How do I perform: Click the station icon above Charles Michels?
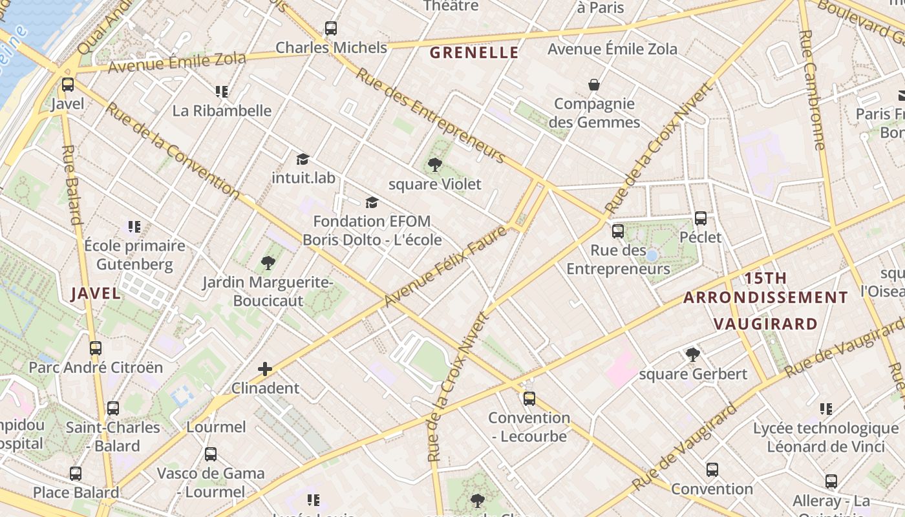click(x=331, y=28)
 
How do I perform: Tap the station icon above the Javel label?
click(x=68, y=85)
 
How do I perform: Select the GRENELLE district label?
click(x=474, y=53)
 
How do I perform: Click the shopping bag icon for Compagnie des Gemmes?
click(x=593, y=85)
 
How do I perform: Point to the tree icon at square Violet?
click(x=435, y=165)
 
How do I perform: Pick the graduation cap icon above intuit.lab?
click(x=303, y=159)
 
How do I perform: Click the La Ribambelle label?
click(x=222, y=111)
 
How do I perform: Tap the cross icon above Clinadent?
click(x=265, y=369)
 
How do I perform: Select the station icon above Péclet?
click(x=701, y=218)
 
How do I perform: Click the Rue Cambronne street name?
click(x=813, y=90)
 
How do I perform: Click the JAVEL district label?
click(x=96, y=293)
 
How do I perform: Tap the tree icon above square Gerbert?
click(x=693, y=354)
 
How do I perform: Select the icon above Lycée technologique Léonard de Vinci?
click(x=825, y=408)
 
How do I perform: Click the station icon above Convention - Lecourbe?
click(x=529, y=398)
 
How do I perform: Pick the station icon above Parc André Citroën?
click(x=96, y=348)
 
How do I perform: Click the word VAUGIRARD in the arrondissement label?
click(x=765, y=324)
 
